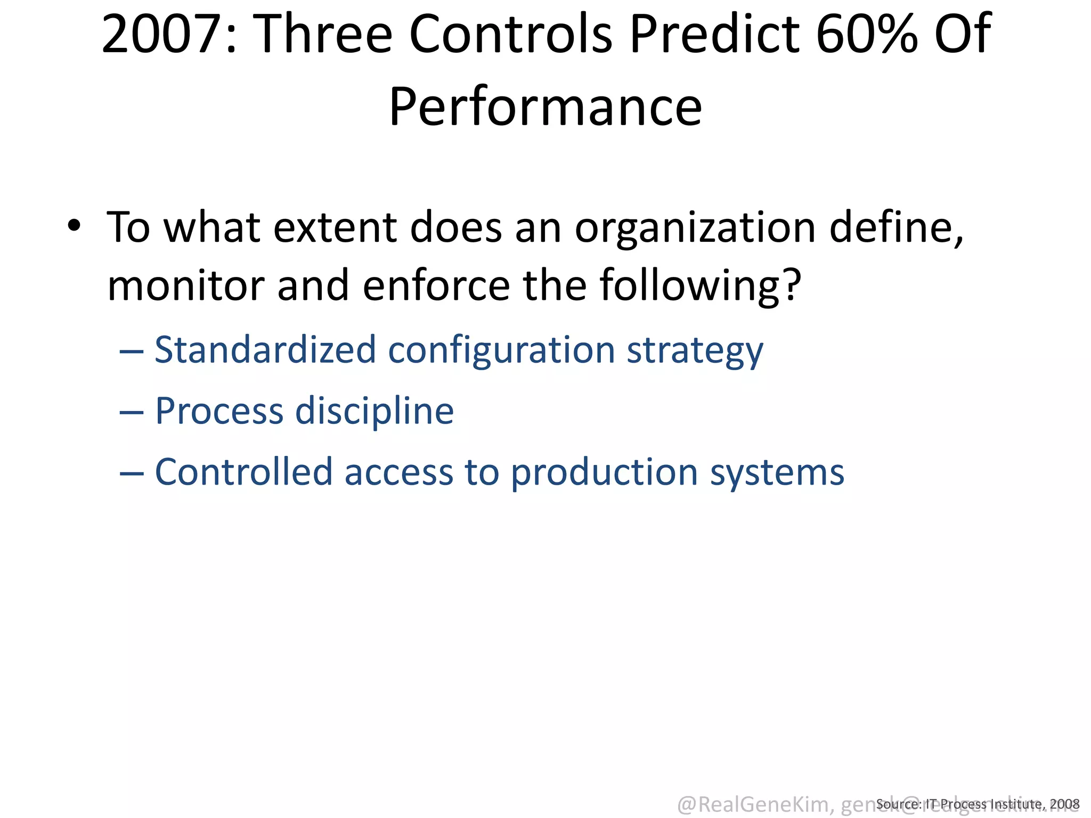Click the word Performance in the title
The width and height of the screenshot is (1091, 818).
coord(545,107)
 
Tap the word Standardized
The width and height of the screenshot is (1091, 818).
coord(265,350)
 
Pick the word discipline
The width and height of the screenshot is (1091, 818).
coord(374,412)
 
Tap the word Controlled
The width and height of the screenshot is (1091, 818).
coord(243,472)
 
